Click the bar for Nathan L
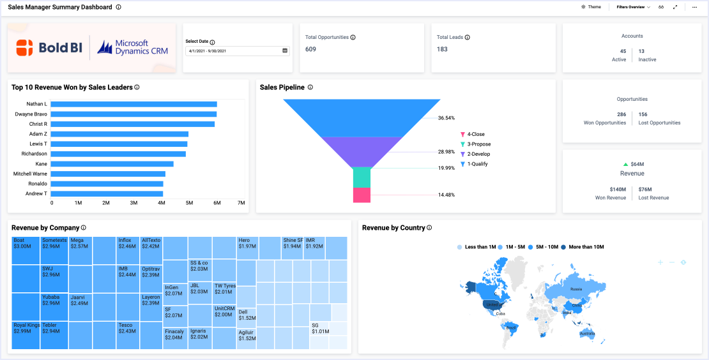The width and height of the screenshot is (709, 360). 134,104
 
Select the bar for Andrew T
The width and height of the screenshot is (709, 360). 107,193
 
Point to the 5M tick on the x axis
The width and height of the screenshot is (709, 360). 189,203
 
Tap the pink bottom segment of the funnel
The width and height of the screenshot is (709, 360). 362,195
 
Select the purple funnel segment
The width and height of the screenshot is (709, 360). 362,151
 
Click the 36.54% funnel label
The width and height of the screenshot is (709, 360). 446,118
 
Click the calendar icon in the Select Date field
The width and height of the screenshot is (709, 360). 285,50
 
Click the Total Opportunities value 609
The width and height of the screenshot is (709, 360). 311,49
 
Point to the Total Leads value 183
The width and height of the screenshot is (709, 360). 442,49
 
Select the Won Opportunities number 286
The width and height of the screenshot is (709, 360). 621,114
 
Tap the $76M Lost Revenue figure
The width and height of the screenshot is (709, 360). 644,190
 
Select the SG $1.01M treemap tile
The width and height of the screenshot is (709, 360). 320,328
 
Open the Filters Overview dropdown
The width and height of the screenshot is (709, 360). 633,7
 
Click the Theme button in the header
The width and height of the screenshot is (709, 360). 591,7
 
